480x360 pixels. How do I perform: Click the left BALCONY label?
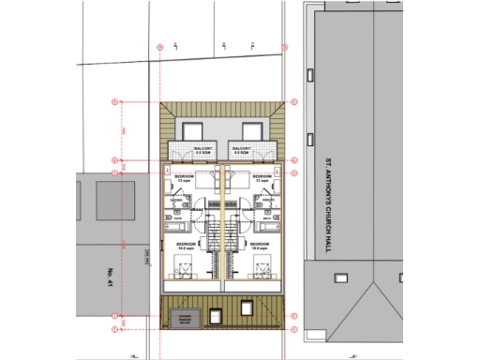pos(202,150)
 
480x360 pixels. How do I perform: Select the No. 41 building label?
pos(111,276)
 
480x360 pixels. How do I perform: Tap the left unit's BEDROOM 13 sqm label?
pos(185,177)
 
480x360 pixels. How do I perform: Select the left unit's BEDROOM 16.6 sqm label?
pos(185,246)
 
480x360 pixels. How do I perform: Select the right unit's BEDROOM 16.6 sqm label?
pos(260,246)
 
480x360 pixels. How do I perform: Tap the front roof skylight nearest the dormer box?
pos(247,307)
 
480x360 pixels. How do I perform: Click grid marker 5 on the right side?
pos(293,159)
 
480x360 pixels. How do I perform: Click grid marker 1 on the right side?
pos(293,329)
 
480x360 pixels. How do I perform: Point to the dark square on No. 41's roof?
pos(110,200)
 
